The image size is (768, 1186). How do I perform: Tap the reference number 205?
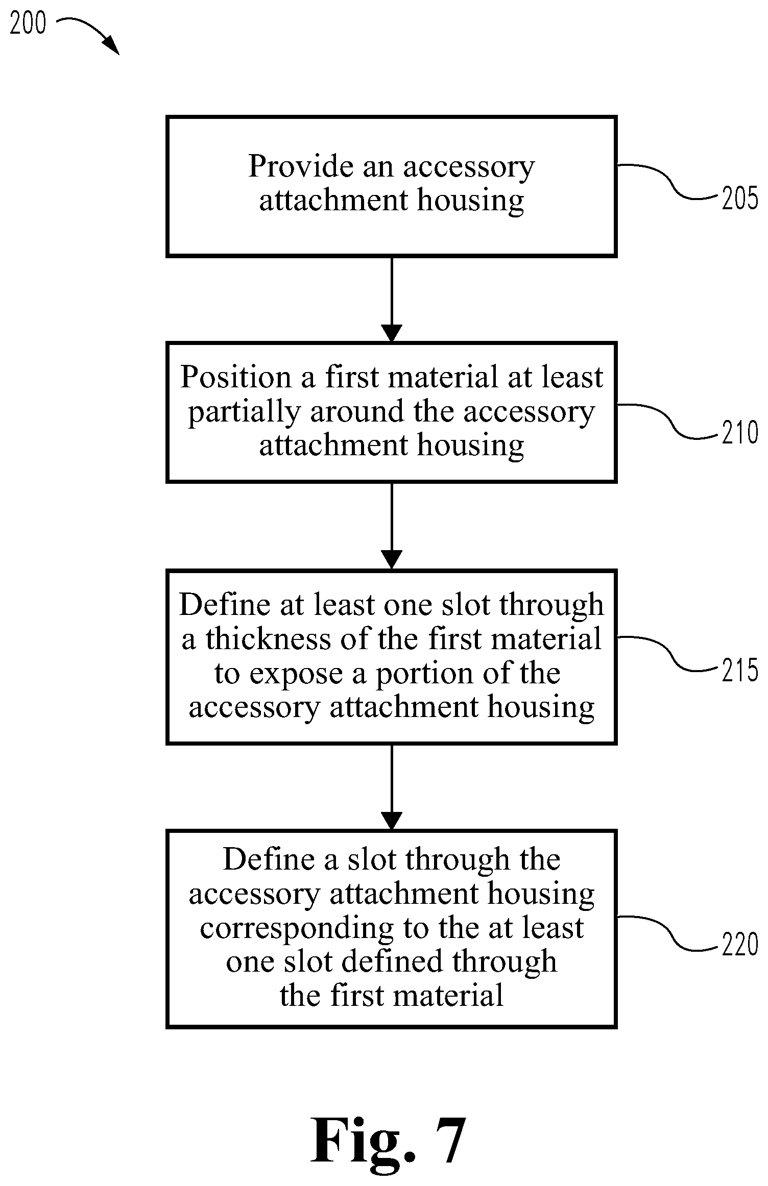(x=740, y=198)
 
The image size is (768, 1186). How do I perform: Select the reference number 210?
(x=740, y=433)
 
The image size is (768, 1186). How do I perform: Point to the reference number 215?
(x=740, y=670)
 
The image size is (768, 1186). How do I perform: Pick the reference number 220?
(x=740, y=945)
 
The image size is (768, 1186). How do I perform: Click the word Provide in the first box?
(x=301, y=166)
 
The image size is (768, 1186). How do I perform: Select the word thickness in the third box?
(x=269, y=639)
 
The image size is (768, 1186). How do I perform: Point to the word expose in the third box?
(x=296, y=674)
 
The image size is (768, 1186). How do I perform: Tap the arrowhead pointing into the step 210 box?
(x=392, y=333)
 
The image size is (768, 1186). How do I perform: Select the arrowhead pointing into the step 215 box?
(x=392, y=560)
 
